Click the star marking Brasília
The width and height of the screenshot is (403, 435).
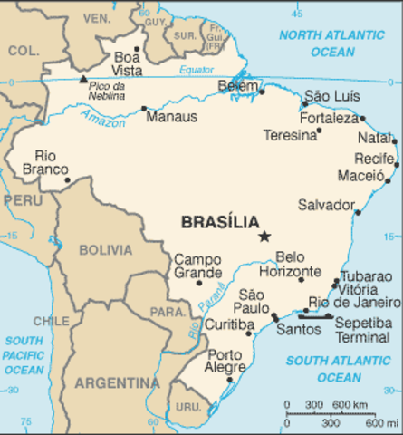264,236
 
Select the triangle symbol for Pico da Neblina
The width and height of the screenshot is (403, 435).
83,79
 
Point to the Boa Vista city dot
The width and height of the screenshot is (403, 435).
137,50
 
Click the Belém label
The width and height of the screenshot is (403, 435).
238,86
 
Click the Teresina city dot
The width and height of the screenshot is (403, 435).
319,130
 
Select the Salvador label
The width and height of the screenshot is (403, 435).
326,205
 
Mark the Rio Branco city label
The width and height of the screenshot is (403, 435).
51,162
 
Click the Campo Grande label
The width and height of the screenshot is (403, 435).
197,266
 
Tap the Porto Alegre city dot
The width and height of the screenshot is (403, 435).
230,380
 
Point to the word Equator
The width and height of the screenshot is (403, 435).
197,70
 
